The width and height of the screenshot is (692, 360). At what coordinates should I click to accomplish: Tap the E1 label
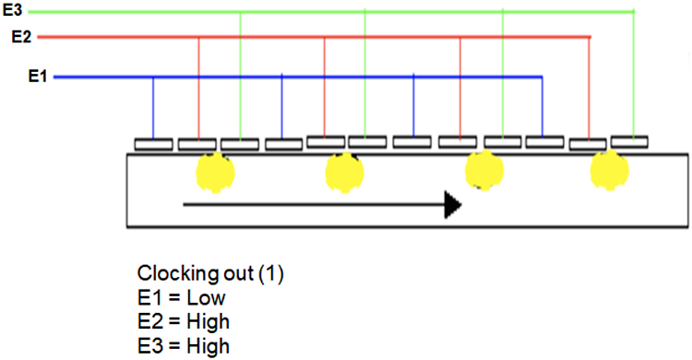click(38, 77)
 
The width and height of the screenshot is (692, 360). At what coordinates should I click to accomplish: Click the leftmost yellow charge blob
click(215, 172)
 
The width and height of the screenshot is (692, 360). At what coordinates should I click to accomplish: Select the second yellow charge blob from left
click(345, 172)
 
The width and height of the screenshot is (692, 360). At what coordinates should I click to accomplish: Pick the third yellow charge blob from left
click(483, 171)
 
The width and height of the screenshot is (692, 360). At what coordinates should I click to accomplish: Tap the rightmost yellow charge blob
click(608, 170)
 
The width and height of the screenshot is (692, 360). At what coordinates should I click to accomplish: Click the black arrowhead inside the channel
click(451, 205)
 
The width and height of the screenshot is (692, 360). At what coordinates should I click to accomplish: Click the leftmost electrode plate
click(153, 143)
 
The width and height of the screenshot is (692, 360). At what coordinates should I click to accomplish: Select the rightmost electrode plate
click(628, 142)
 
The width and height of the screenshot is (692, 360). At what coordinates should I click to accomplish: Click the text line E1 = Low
click(181, 298)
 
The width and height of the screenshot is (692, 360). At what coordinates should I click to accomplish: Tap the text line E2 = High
click(184, 322)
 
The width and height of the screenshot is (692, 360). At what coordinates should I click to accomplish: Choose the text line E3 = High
click(184, 346)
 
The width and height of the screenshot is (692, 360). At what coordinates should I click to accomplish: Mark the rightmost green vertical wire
click(634, 74)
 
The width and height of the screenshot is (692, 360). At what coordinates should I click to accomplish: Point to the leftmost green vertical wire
click(240, 74)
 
